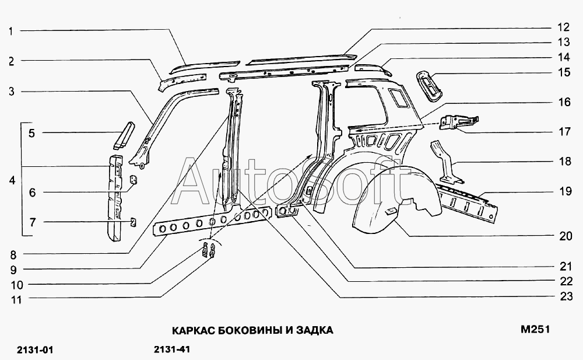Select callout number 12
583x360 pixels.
(x=563, y=27)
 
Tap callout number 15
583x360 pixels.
(x=563, y=73)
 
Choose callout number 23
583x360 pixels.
(x=563, y=296)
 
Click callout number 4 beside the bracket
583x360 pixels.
(x=12, y=181)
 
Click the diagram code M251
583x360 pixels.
(x=535, y=330)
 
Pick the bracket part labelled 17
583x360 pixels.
(x=459, y=121)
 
